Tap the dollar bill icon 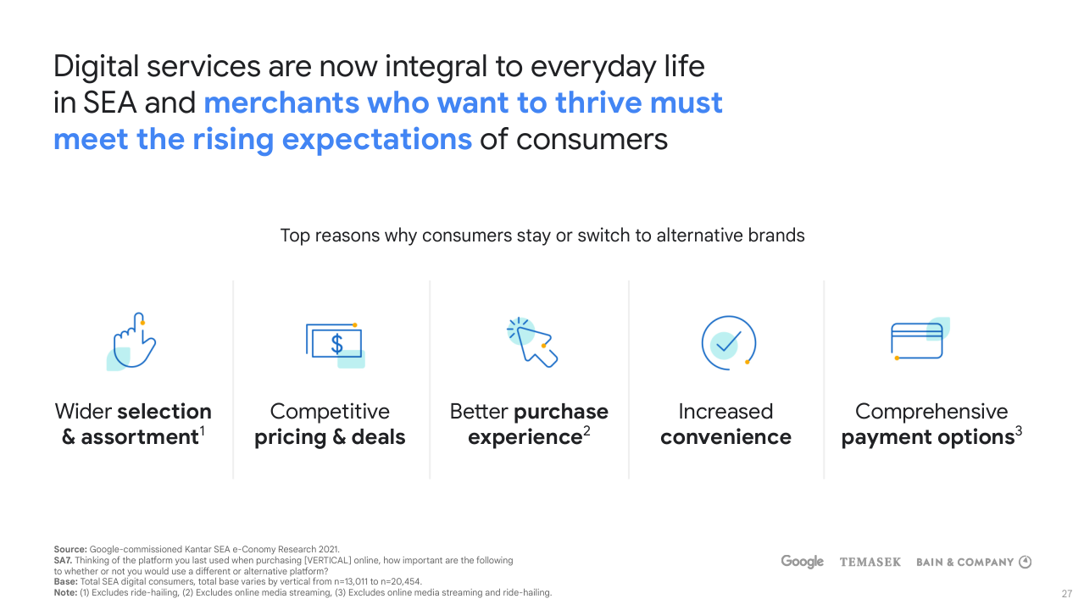336,346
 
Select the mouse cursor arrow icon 532,342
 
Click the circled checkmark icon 729,343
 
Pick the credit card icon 920,339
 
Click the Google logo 802,562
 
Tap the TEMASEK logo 870,562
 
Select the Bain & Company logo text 965,562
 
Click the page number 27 1066,594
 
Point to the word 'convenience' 725,437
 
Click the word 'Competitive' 330,412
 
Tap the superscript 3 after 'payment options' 1018,430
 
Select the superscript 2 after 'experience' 586,430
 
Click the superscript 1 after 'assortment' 202,430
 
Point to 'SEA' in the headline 109,103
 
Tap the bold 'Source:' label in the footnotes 70,550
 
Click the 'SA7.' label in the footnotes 63,560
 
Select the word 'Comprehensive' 931,412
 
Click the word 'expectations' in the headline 376,141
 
